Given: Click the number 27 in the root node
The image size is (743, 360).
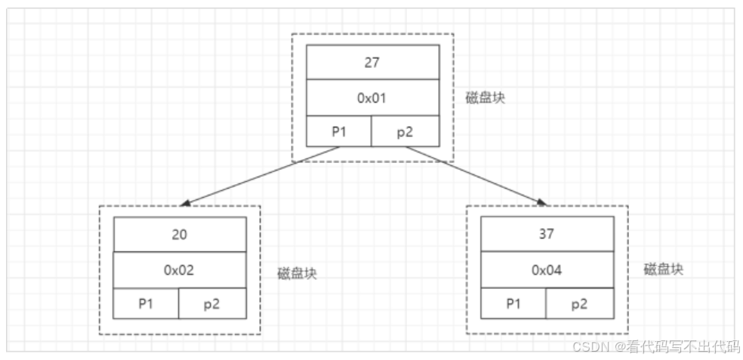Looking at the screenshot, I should pyautogui.click(x=371, y=63).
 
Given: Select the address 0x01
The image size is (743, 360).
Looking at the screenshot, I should pyautogui.click(x=371, y=98).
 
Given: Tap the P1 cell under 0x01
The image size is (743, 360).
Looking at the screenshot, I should pyautogui.click(x=339, y=131).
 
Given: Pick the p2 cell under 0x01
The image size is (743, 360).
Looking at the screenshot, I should pyautogui.click(x=405, y=131).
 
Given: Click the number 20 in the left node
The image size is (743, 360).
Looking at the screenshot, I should pyautogui.click(x=180, y=234).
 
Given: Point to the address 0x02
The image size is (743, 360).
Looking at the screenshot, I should pyautogui.click(x=180, y=270).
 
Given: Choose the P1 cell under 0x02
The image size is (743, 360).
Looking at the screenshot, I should pyautogui.click(x=146, y=303).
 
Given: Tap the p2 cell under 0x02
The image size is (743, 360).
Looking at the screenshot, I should pyautogui.click(x=212, y=303).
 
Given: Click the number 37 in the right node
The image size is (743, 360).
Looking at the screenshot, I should pyautogui.click(x=547, y=234).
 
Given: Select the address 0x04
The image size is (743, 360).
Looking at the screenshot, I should pyautogui.click(x=547, y=270).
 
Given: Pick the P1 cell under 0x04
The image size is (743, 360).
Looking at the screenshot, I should pyautogui.click(x=513, y=303).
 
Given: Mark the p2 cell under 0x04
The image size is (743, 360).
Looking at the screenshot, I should pyautogui.click(x=579, y=303).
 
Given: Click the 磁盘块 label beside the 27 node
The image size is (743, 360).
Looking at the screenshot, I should pyautogui.click(x=486, y=99).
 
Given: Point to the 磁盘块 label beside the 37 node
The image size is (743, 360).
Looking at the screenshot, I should pyautogui.click(x=663, y=269).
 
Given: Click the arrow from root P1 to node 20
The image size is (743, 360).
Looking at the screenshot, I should pyautogui.click(x=261, y=176).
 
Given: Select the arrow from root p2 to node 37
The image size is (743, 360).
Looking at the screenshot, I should pyautogui.click(x=476, y=176).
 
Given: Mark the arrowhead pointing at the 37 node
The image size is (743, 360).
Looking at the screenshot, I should pyautogui.click(x=541, y=202).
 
